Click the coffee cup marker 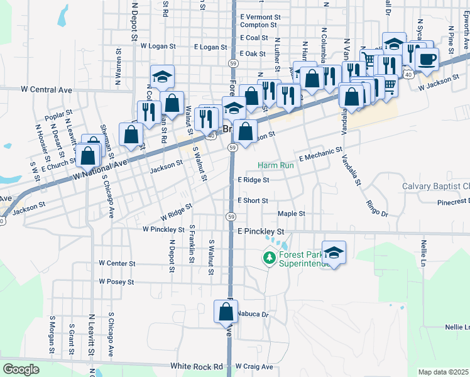point(427,59)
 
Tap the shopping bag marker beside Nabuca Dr point(226,312)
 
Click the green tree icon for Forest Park point(270,258)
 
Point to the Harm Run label point(275,166)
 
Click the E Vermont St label point(260,16)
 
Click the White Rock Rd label point(197,366)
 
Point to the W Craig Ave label point(254,366)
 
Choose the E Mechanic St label point(320,155)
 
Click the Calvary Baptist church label point(436,187)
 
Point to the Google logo point(21,369)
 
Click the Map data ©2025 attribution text point(443,372)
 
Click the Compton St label point(259,25)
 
